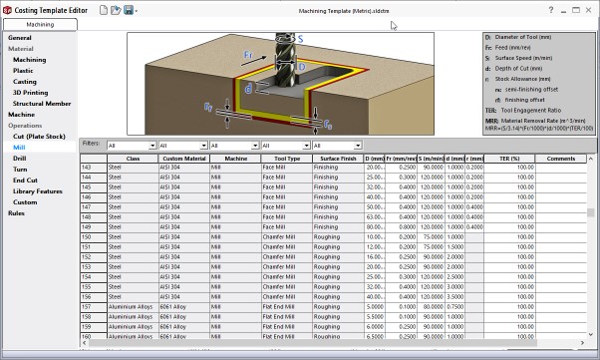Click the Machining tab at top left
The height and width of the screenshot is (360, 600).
[x=40, y=22]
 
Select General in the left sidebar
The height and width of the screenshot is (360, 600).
[x=20, y=38]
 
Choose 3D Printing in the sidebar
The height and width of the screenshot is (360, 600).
[x=30, y=92]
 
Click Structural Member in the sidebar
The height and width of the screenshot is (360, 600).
[x=42, y=103]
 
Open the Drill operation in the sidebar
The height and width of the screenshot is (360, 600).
[x=20, y=159]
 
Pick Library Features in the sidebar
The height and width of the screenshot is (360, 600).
[x=38, y=191]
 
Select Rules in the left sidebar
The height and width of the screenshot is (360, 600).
[x=17, y=213]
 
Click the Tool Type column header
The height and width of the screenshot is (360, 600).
[x=286, y=159]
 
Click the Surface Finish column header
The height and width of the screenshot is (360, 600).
[x=336, y=159]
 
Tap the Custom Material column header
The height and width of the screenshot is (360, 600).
[x=184, y=159]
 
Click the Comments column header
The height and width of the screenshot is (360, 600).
[x=560, y=159]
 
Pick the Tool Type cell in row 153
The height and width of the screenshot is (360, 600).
[x=286, y=267]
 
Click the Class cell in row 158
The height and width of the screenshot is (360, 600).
[x=133, y=316]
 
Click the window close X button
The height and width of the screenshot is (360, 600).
[x=589, y=9]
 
